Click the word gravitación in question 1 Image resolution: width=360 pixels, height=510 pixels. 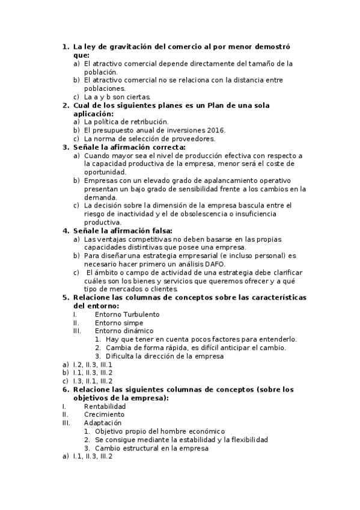click(126, 46)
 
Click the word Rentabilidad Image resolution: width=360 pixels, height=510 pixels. click(105, 406)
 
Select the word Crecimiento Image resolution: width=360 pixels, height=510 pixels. click(105, 414)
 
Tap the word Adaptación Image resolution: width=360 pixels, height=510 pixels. click(103, 423)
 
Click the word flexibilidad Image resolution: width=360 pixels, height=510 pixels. click(246, 440)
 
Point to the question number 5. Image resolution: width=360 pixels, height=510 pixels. click(66, 298)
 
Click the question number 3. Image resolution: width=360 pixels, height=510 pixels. click(66, 147)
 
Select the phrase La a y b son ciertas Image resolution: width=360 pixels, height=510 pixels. click(117, 97)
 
